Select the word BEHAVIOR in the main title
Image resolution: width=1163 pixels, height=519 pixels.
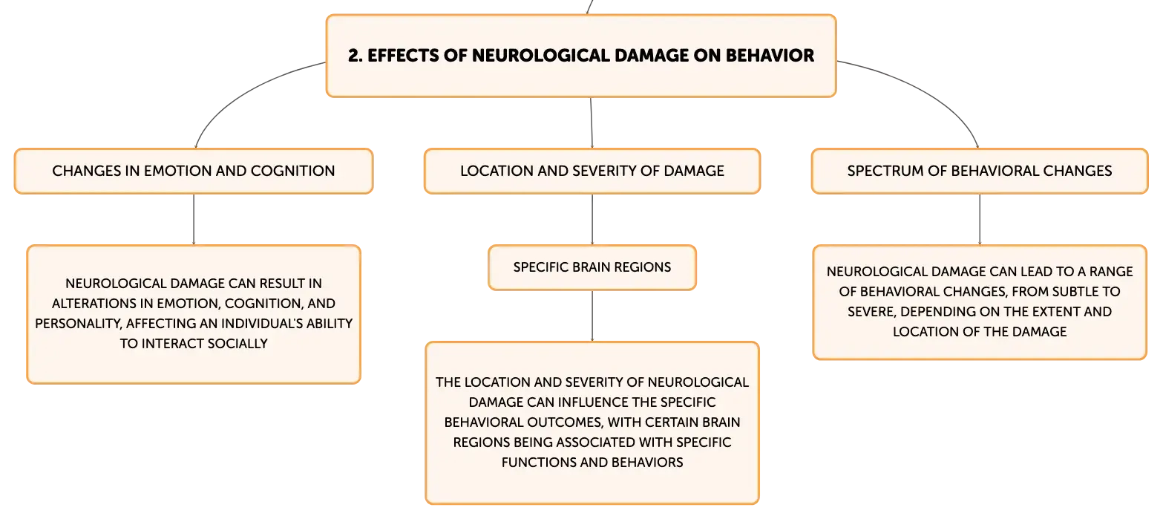(770, 56)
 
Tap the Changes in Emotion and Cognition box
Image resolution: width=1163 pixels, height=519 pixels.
(194, 171)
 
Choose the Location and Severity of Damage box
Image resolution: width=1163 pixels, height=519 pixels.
(592, 171)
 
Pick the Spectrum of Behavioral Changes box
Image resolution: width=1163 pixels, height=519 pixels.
(980, 171)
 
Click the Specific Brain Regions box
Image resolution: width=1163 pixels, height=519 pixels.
(592, 267)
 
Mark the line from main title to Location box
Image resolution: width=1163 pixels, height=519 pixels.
(592, 123)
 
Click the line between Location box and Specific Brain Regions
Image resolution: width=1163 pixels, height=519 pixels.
(592, 219)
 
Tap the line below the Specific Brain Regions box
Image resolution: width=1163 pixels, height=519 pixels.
(592, 316)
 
